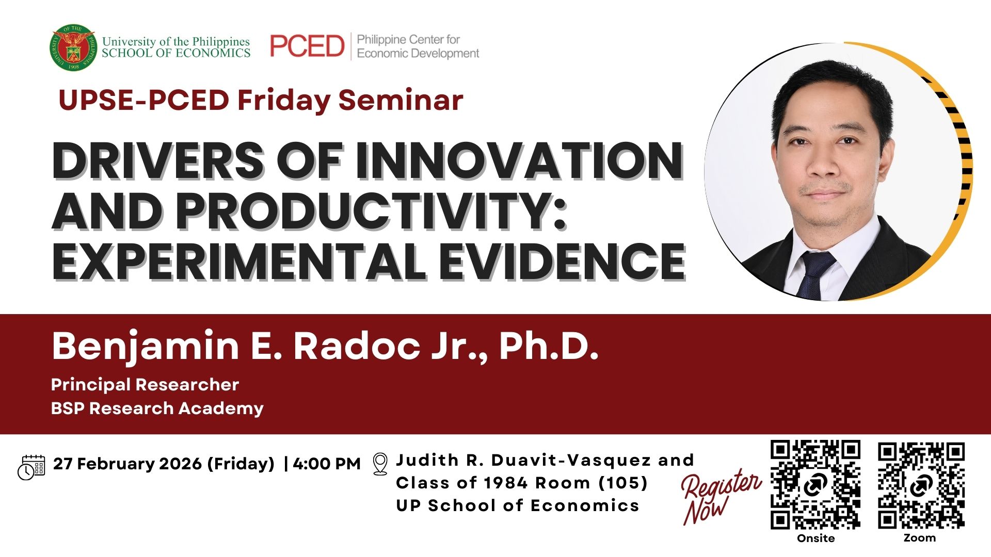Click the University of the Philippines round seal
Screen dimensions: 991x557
tap(73, 47)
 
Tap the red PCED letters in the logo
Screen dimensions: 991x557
tap(307, 46)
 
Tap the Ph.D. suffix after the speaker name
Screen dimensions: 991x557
tap(549, 346)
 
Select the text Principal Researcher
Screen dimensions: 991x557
tap(145, 385)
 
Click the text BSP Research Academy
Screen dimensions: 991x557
tap(157, 408)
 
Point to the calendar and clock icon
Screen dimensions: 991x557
tap(31, 467)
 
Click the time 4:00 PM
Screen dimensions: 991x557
tap(327, 464)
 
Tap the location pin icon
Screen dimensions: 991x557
tap(380, 464)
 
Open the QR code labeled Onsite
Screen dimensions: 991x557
tap(816, 485)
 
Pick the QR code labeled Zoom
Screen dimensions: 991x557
tap(921, 485)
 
